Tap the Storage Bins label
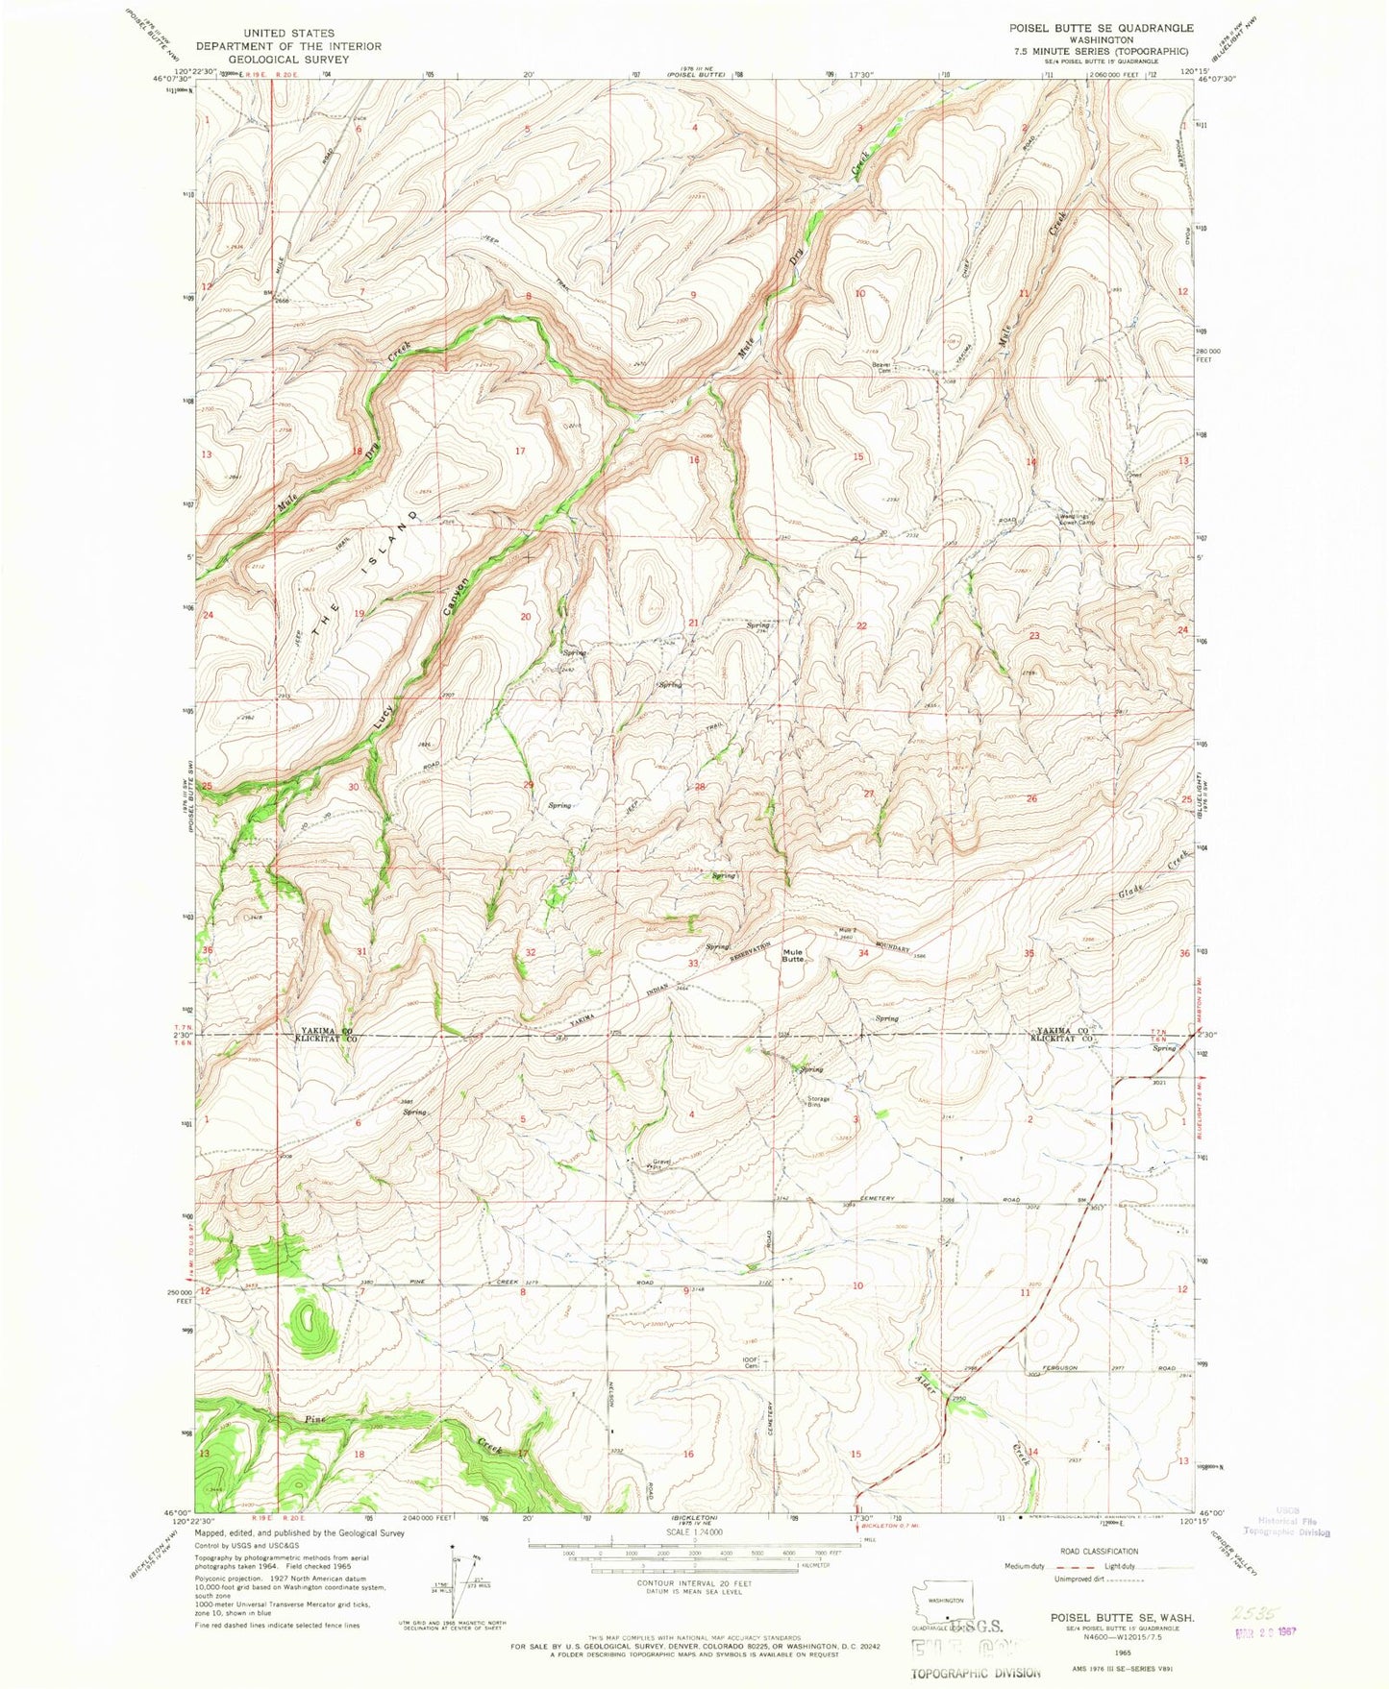[x=818, y=1102]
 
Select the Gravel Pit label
[x=660, y=1163]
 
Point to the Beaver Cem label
[x=881, y=367]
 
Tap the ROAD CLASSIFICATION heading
[x=1099, y=1551]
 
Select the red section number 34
[x=863, y=953]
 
